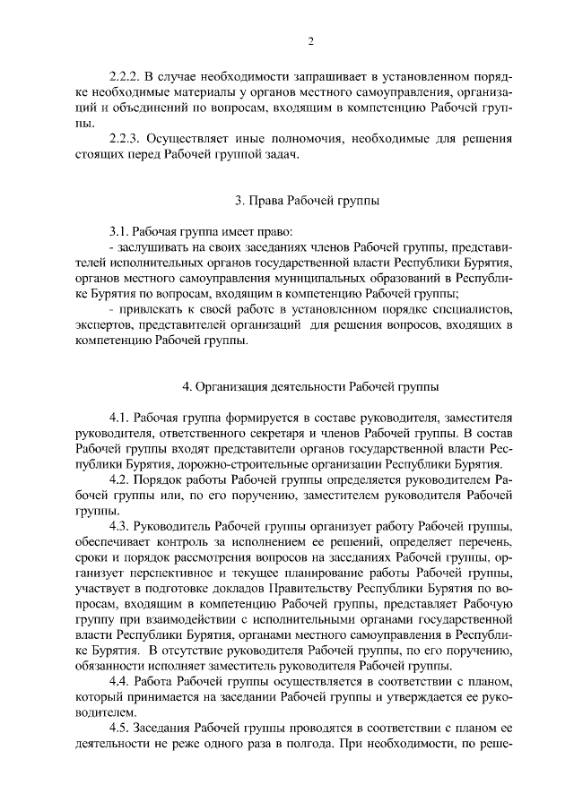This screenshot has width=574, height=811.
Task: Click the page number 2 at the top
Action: [310, 41]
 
